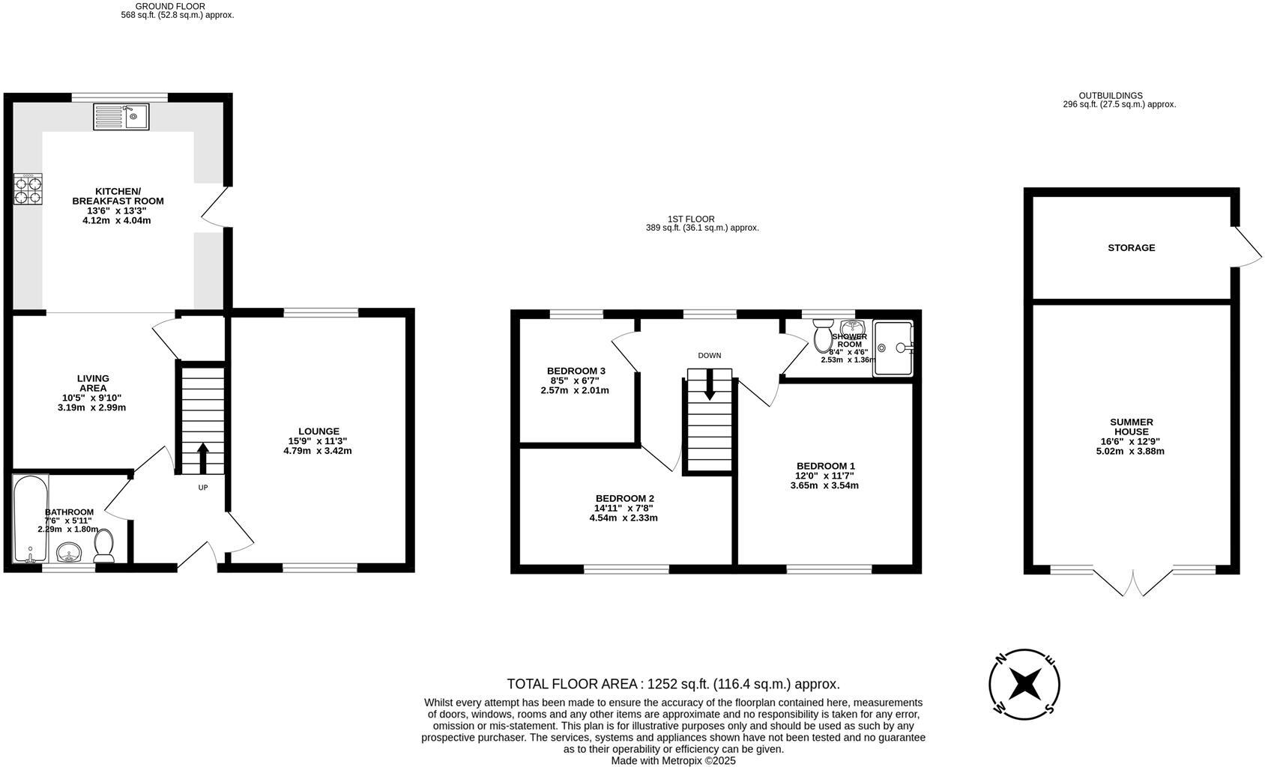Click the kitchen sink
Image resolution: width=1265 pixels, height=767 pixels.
point(121,117)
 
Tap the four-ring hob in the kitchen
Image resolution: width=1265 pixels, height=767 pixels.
point(28,189)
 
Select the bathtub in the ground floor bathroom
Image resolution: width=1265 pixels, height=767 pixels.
point(30,518)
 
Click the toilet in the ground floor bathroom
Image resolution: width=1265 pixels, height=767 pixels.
point(103,546)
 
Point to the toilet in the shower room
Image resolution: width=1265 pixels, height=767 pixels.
point(823,335)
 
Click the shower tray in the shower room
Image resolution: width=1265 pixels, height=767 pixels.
point(893,348)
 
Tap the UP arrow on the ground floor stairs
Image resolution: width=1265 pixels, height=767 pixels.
point(202,457)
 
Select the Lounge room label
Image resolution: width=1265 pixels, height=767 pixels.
point(318,431)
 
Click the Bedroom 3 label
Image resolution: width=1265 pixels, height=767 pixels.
point(576,371)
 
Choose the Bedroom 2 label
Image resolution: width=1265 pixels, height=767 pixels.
point(624,498)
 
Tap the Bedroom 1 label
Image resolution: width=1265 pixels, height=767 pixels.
point(825,466)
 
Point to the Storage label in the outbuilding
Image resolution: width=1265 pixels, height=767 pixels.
point(1131,248)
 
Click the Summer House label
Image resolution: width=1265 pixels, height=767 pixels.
point(1131,426)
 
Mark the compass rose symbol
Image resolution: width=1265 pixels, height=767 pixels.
point(1024,683)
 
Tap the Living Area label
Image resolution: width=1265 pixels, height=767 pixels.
point(93,383)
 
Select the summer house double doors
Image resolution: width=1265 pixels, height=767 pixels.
point(1132,583)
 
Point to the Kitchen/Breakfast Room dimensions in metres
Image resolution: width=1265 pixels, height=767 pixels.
point(117,221)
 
